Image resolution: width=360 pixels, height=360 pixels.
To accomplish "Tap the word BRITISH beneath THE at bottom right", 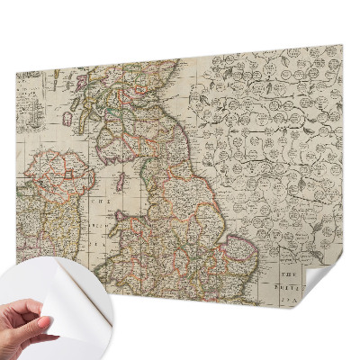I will pos(290,280).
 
